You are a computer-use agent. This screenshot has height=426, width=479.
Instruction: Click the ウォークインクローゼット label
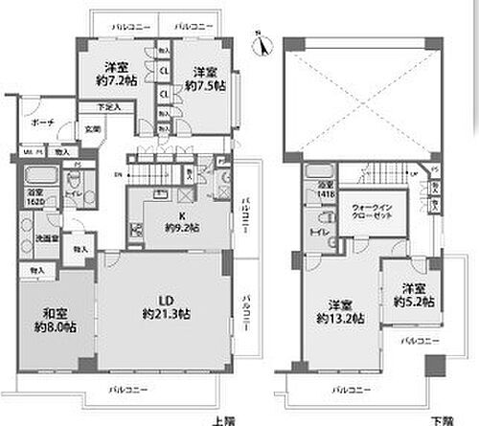coord(372,213)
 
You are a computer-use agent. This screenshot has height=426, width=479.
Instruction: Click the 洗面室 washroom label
coord(40,239)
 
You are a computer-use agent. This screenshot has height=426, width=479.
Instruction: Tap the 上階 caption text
coord(222,418)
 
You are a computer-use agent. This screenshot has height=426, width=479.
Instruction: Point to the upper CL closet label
coord(165,69)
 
